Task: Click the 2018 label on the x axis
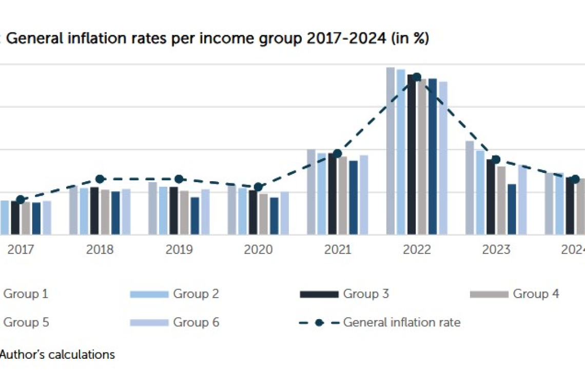tap(100, 250)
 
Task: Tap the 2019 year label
tap(179, 250)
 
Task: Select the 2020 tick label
tap(258, 250)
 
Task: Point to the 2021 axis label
tap(337, 250)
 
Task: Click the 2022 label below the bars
tap(417, 250)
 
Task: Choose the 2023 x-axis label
tap(496, 250)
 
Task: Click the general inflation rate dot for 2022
tap(417, 77)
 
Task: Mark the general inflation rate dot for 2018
tap(100, 179)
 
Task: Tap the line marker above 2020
tap(258, 187)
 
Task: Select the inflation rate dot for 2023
tap(496, 159)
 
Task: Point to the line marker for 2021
tap(337, 153)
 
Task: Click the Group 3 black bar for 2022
tap(412, 154)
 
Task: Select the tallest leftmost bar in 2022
tap(391, 151)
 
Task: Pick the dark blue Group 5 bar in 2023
tap(512, 209)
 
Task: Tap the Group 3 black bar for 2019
tap(174, 210)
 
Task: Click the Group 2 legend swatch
tap(149, 294)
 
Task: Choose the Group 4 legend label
tap(536, 294)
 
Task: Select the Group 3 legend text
tap(366, 294)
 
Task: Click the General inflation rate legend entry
tap(401, 322)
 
